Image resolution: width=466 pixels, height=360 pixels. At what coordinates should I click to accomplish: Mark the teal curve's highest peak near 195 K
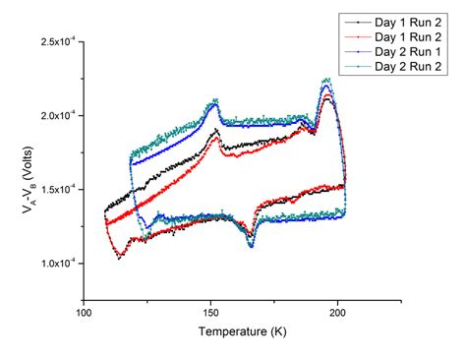click(x=326, y=80)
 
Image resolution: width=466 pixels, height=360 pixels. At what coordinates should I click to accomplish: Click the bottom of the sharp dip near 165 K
click(x=251, y=245)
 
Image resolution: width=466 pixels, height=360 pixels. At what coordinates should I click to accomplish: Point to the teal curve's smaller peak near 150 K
click(x=214, y=100)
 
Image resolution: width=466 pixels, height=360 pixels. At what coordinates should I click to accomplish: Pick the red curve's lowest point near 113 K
click(x=119, y=258)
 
